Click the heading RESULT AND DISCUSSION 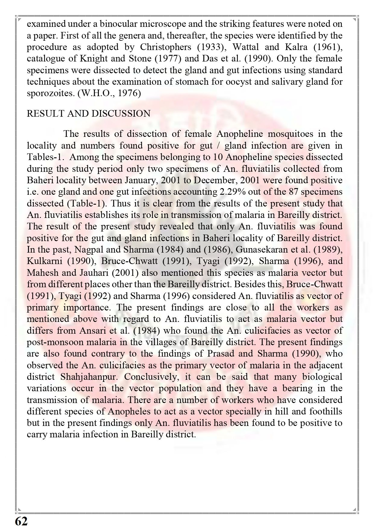[x=88, y=114]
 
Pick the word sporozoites [x=50, y=93]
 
